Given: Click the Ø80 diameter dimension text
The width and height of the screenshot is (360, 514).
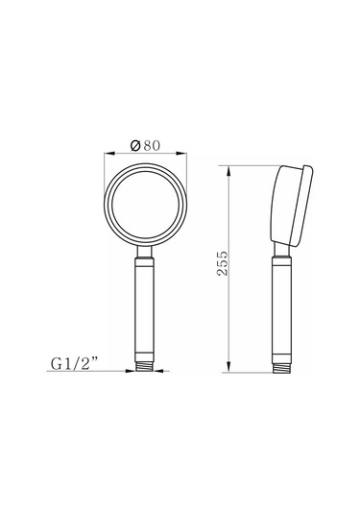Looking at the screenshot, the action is click(146, 145).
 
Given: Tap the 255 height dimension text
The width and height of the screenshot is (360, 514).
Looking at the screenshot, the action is click(223, 263).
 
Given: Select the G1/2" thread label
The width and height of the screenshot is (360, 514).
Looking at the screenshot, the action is click(74, 363).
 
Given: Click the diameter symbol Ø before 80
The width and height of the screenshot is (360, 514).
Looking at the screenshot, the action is click(135, 145).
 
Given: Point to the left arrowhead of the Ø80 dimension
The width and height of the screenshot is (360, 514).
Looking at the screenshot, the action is click(109, 153).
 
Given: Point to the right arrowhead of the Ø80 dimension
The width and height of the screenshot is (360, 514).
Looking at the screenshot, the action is click(181, 153).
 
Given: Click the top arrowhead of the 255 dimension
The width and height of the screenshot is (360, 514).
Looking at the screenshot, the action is click(228, 171).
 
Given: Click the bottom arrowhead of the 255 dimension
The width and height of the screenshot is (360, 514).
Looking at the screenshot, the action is click(228, 367).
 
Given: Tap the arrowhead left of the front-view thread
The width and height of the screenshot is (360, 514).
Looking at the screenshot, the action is click(131, 371).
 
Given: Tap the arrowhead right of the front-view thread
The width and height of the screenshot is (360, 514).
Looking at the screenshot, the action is click(158, 371).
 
